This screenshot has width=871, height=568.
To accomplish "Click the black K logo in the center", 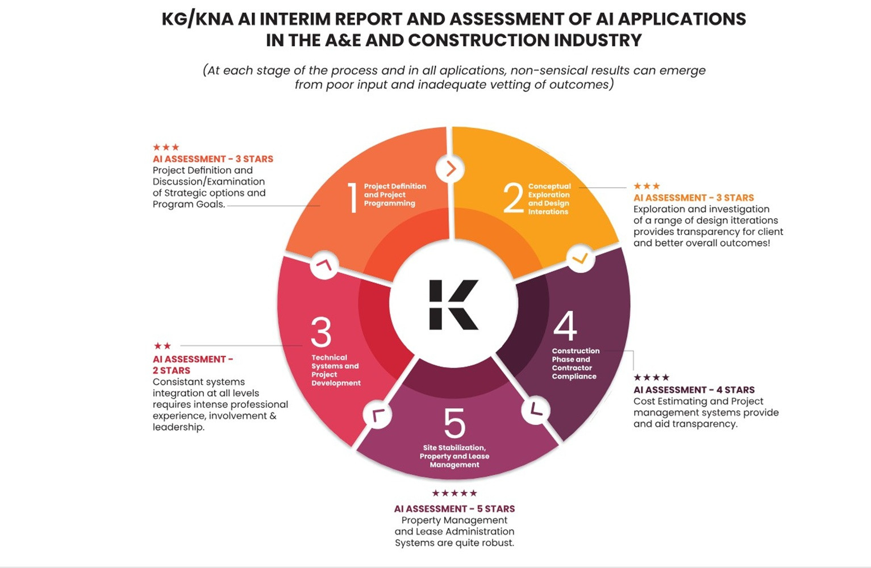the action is (x=453, y=304).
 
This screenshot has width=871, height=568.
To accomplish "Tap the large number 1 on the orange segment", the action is (x=353, y=198).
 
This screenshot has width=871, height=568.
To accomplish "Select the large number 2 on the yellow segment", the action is (x=513, y=198).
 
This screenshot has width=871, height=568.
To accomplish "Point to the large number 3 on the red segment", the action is (x=321, y=332).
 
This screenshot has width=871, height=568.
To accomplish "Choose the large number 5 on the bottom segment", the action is (x=455, y=423).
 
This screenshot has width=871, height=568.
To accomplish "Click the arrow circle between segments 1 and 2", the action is (x=451, y=169).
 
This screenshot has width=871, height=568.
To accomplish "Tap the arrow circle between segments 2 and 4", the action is (x=580, y=258).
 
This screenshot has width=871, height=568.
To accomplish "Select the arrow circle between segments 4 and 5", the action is (x=536, y=410).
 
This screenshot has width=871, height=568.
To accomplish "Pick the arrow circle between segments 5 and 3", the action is (x=377, y=415).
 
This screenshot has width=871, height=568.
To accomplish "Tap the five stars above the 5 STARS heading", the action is (x=454, y=493).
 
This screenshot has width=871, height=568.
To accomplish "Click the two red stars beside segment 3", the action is (x=162, y=345).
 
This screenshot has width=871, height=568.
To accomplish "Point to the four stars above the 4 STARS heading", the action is (x=652, y=377).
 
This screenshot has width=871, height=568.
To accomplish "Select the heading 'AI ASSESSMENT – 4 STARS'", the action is (x=694, y=390).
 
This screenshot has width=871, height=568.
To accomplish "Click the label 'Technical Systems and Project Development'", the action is (x=336, y=370).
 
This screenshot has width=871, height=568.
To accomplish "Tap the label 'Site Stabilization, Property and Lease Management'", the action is (x=455, y=456).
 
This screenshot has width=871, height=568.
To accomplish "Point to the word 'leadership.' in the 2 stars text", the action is (x=178, y=427).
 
